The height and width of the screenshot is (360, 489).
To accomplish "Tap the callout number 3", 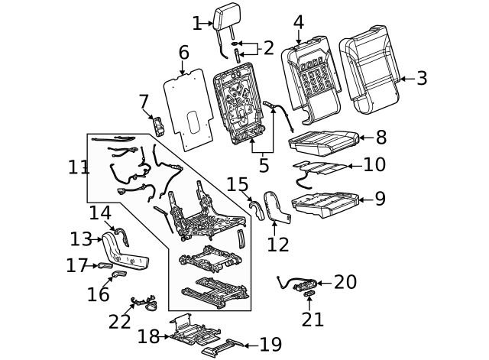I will (422, 78).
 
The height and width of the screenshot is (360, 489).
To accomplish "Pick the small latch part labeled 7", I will (159, 126).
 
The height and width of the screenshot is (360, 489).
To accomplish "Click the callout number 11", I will (79, 167).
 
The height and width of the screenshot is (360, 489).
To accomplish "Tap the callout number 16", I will (98, 294).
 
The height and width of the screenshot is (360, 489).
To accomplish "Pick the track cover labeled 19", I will (224, 347).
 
